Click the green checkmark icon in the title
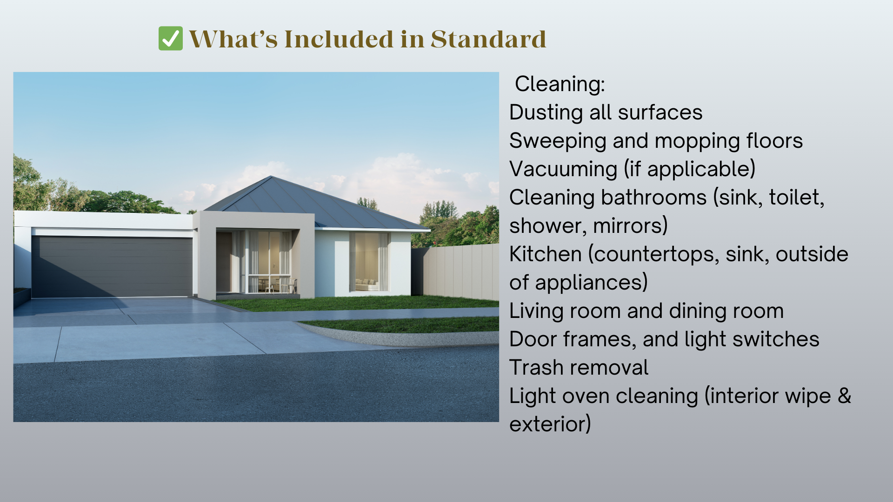click(x=171, y=39)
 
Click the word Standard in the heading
click(x=488, y=39)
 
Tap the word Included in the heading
click(x=339, y=39)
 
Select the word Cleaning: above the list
click(x=560, y=84)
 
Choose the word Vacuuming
click(x=563, y=169)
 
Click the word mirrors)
click(x=631, y=226)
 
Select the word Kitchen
click(x=546, y=254)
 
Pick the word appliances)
click(x=591, y=283)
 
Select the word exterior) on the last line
click(x=550, y=424)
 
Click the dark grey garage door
click(x=112, y=266)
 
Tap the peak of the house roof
click(x=271, y=176)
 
